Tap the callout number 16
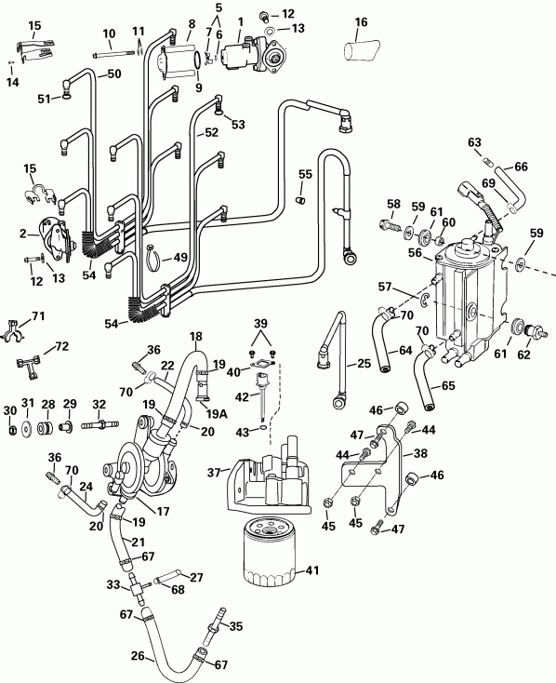(x=361, y=21)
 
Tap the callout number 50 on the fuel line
(x=115, y=74)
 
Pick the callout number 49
(x=180, y=258)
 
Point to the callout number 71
(x=38, y=317)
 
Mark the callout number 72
(x=62, y=347)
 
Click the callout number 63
(x=474, y=142)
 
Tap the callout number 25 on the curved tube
(x=364, y=364)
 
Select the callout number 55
(x=305, y=174)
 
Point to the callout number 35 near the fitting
(x=235, y=626)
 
